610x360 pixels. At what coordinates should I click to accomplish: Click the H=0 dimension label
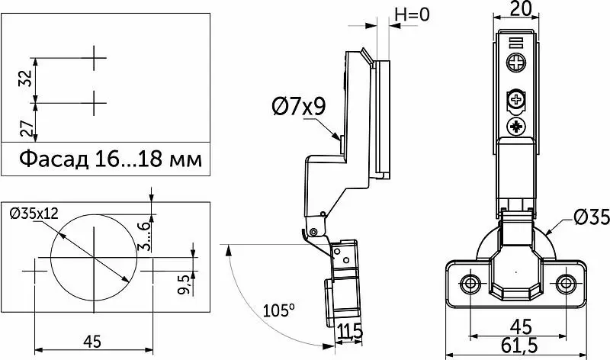pyautogui.click(x=413, y=14)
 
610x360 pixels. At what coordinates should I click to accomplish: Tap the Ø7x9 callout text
pyautogui.click(x=299, y=106)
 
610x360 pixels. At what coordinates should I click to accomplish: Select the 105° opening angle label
pyautogui.click(x=278, y=310)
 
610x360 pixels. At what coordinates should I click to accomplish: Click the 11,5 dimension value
pyautogui.click(x=350, y=332)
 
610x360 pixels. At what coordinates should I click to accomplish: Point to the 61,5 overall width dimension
pyautogui.click(x=519, y=346)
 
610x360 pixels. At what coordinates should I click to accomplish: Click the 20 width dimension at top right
pyautogui.click(x=521, y=8)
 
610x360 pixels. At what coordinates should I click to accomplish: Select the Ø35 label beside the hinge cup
pyautogui.click(x=592, y=217)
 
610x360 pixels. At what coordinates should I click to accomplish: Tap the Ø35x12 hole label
pyautogui.click(x=34, y=214)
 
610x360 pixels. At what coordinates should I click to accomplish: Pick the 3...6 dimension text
pyautogui.click(x=143, y=236)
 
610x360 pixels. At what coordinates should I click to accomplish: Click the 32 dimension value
pyautogui.click(x=26, y=79)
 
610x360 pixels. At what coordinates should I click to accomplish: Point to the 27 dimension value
pyautogui.click(x=27, y=129)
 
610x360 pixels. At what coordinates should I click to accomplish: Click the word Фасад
pyautogui.click(x=54, y=159)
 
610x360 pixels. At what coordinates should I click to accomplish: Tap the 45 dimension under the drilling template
pyautogui.click(x=92, y=342)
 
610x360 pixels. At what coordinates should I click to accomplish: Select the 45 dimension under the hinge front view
pyautogui.click(x=521, y=326)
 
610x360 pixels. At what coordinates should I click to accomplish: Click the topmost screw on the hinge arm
pyautogui.click(x=516, y=63)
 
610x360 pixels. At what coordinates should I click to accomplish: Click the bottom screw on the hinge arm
pyautogui.click(x=516, y=127)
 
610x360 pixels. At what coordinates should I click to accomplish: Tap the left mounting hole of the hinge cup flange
pyautogui.click(x=470, y=283)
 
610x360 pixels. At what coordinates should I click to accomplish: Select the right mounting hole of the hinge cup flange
pyautogui.click(x=566, y=284)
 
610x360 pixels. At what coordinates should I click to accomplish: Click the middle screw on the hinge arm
pyautogui.click(x=517, y=100)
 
